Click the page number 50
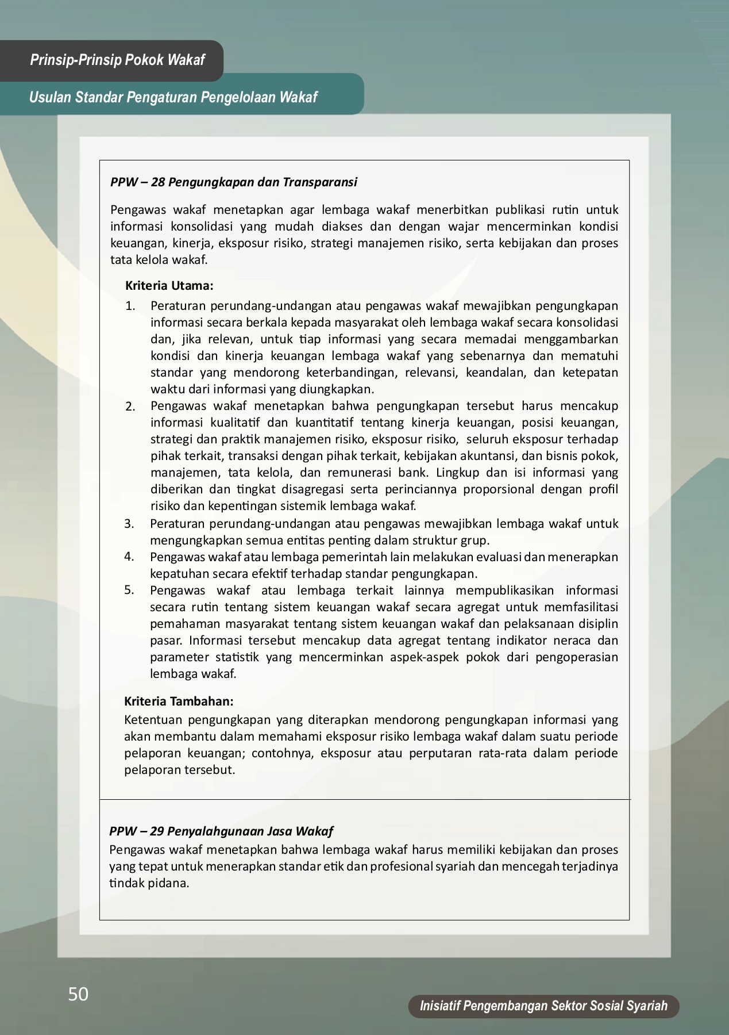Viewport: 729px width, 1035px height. coord(78,994)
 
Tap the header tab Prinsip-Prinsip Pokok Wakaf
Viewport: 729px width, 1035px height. coord(117,60)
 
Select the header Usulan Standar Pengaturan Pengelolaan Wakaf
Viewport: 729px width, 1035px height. coord(173,97)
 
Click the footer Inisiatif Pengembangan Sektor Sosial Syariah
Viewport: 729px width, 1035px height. coord(543,1006)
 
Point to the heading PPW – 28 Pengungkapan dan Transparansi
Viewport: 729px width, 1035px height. coord(233,182)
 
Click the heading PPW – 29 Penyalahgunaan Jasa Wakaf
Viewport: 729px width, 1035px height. coord(221,831)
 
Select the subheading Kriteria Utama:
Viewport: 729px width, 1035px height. coord(169,285)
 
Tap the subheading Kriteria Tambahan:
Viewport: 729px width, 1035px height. coord(179,701)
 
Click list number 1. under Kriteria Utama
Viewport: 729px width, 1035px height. coord(130,306)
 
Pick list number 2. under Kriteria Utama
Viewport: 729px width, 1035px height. coord(130,407)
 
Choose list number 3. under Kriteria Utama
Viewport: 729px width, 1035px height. coord(129,524)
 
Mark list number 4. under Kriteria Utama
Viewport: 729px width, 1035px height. coord(129,557)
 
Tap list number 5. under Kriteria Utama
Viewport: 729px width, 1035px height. coord(129,590)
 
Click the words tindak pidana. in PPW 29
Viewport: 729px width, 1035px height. coord(149,883)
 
